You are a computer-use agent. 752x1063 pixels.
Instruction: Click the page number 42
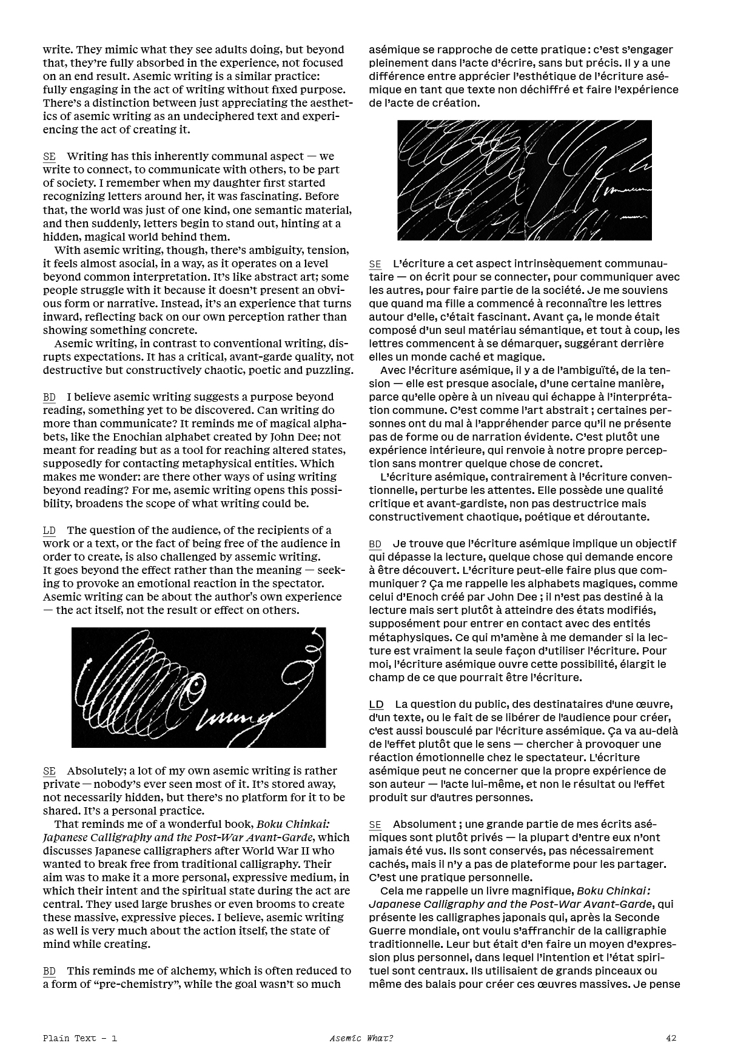671,1038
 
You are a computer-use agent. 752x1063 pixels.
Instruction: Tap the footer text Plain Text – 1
80,1038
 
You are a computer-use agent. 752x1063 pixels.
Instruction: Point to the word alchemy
182,971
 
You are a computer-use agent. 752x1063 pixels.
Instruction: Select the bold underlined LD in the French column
376,704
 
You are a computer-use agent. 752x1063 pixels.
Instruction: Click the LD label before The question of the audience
49,531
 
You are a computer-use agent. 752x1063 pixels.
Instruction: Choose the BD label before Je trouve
375,544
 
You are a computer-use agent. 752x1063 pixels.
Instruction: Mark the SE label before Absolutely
49,771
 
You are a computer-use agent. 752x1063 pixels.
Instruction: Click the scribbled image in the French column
524,180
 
